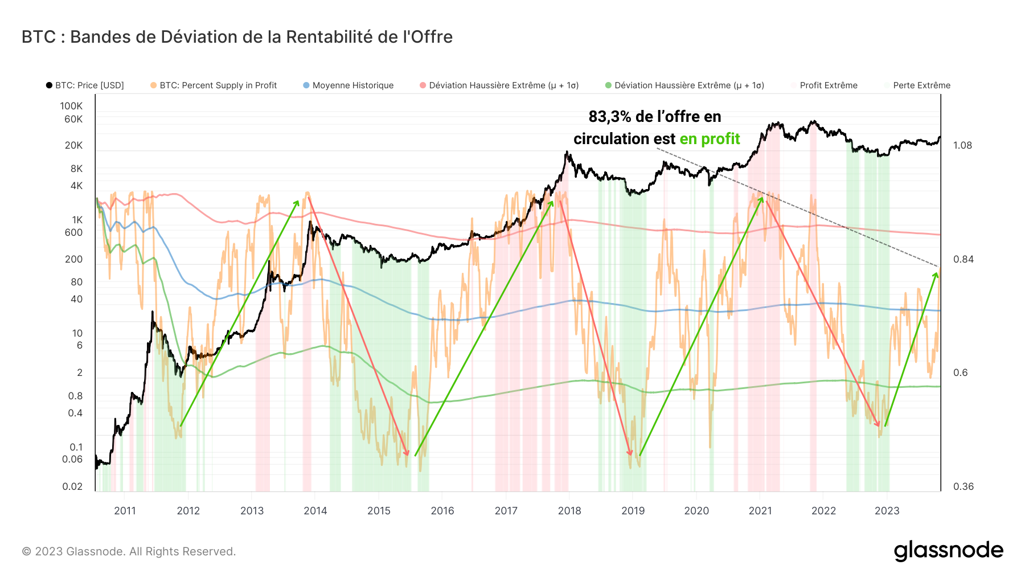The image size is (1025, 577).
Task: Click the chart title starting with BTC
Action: [x=237, y=37]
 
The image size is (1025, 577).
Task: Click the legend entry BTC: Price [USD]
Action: [x=85, y=85]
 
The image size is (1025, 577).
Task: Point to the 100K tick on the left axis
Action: [x=71, y=106]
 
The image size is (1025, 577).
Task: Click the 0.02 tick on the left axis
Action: [x=72, y=486]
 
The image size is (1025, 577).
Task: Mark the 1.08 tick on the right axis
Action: [x=962, y=145]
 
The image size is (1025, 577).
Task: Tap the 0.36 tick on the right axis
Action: [x=962, y=486]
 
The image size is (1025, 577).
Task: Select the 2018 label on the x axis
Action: [x=569, y=511]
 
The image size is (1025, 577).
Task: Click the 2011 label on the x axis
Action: [x=125, y=511]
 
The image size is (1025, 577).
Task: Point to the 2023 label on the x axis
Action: [x=887, y=511]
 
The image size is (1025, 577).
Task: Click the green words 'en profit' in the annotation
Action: [x=710, y=139]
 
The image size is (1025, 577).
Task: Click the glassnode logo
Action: [x=948, y=551]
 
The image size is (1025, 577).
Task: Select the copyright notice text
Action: [x=129, y=551]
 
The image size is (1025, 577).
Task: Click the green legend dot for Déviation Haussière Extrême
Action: [x=608, y=85]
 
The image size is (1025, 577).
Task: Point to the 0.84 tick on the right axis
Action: [x=962, y=259]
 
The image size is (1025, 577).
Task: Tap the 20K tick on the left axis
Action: [x=73, y=145]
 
